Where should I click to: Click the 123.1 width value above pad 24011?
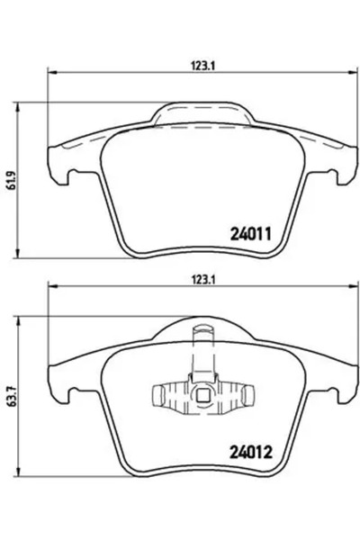pos(200,64)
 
